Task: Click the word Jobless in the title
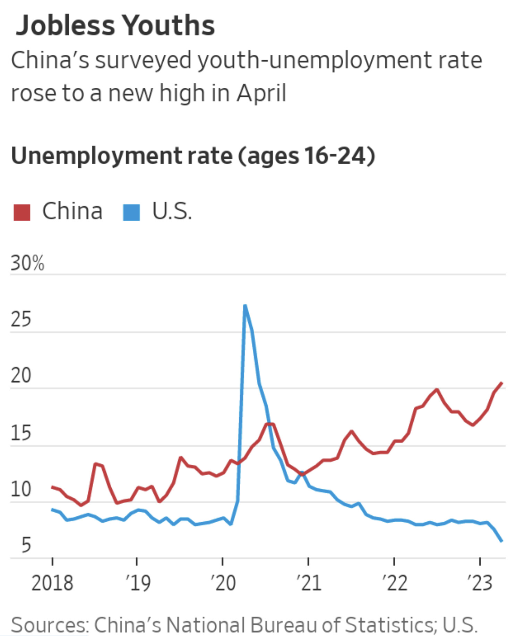[x=65, y=26]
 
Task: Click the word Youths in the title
[x=169, y=26]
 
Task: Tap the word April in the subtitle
[x=261, y=93]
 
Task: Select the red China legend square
[x=22, y=212]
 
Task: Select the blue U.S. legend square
[x=131, y=212]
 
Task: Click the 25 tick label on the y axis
[x=21, y=319]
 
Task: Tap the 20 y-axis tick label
[x=21, y=375]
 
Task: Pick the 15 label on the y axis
[x=21, y=433]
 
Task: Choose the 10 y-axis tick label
[x=21, y=489]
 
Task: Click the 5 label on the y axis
[x=26, y=545]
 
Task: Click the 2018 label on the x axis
[x=52, y=583]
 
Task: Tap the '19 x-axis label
[x=138, y=583]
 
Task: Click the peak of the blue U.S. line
[x=245, y=305]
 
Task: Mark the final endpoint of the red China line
[x=502, y=383]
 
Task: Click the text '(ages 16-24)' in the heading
[x=306, y=156]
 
